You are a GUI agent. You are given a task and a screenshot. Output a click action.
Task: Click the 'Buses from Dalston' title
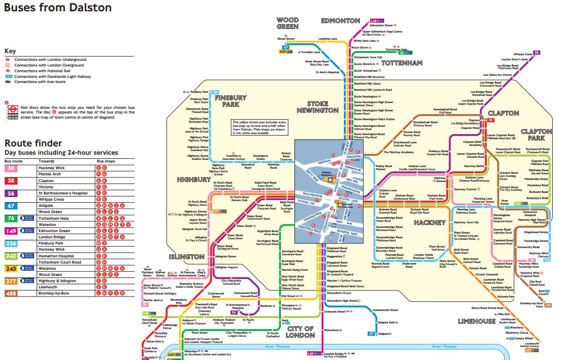pyautogui.click(x=58, y=8)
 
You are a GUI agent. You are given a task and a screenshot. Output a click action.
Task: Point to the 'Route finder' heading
pyautogui.click(x=33, y=143)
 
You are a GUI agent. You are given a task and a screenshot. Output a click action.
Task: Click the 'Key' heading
pyautogui.click(x=10, y=51)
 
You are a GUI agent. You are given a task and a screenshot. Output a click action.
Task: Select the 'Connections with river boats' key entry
pyautogui.click(x=40, y=81)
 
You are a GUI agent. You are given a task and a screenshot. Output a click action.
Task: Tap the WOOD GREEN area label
pyautogui.click(x=287, y=23)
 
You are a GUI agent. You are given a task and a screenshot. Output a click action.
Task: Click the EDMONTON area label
pyautogui.click(x=340, y=21)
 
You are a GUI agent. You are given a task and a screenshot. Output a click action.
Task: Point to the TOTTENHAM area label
pyautogui.click(x=402, y=63)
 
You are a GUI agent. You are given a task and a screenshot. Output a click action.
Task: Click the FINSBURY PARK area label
pyautogui.click(x=227, y=101)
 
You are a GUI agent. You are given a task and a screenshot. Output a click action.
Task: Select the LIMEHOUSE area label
pyautogui.click(x=477, y=321)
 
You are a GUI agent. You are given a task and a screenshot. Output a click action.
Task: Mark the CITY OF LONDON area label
pyautogui.click(x=301, y=332)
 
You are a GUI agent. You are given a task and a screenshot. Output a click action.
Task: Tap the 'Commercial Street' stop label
pyautogui.click(x=386, y=310)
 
